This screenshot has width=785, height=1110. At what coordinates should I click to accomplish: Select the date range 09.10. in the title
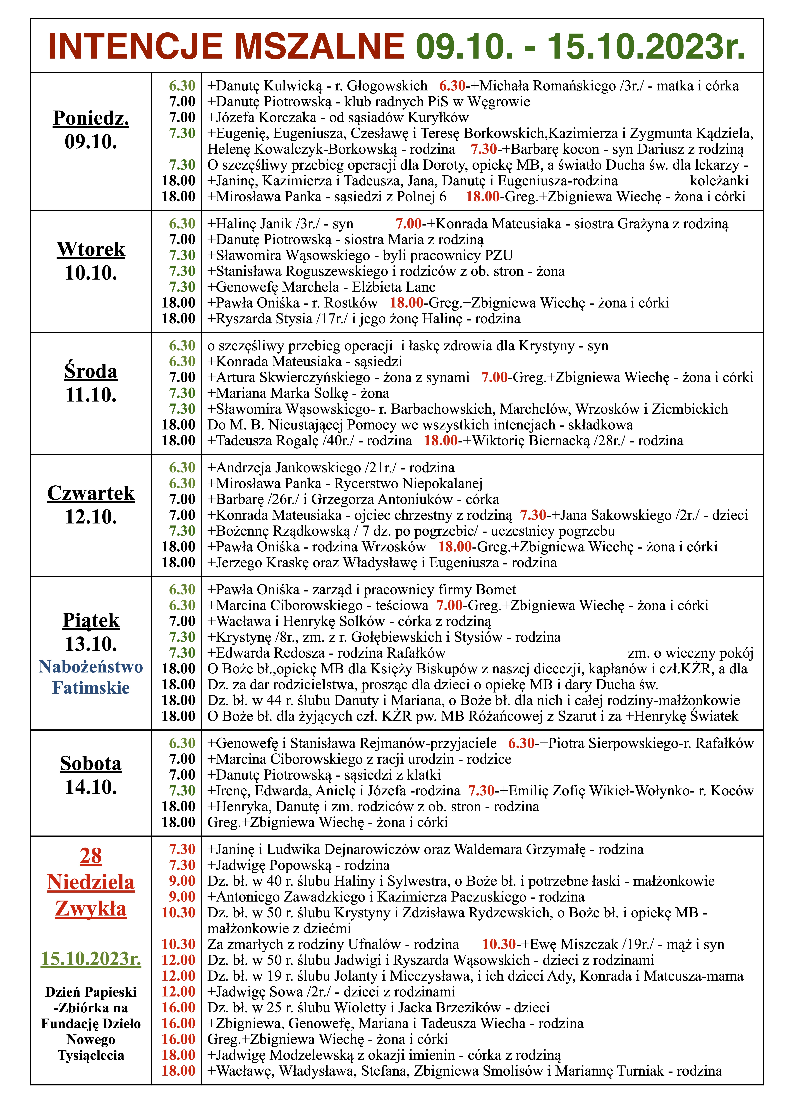click(x=464, y=47)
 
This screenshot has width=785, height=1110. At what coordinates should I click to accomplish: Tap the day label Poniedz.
click(x=91, y=118)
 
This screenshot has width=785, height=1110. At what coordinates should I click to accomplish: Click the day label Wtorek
click(x=91, y=249)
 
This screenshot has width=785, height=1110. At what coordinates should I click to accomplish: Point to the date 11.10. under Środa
click(x=91, y=395)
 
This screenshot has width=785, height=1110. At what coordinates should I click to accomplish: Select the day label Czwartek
click(x=91, y=493)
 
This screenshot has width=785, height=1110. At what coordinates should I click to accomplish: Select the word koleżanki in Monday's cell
click(x=719, y=181)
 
